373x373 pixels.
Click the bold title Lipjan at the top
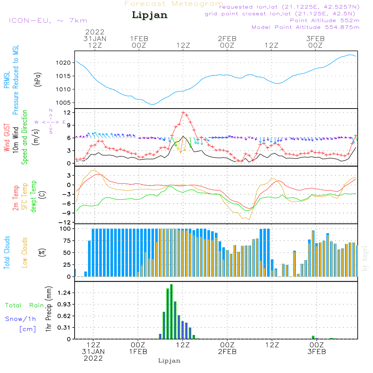[150, 15]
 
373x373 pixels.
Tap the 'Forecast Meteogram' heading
[174, 4]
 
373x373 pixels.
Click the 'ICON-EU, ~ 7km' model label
[48, 21]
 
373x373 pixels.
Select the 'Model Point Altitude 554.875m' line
[305, 27]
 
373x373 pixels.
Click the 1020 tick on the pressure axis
[64, 63]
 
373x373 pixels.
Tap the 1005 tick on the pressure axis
[64, 103]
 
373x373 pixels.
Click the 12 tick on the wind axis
[68, 112]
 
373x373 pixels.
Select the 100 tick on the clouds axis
[65, 228]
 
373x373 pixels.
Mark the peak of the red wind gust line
[183, 112]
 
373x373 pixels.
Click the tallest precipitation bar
[171, 311]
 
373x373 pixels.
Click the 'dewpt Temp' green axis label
[34, 197]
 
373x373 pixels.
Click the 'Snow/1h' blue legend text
[21, 319]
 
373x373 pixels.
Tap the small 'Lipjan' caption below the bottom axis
[169, 361]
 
